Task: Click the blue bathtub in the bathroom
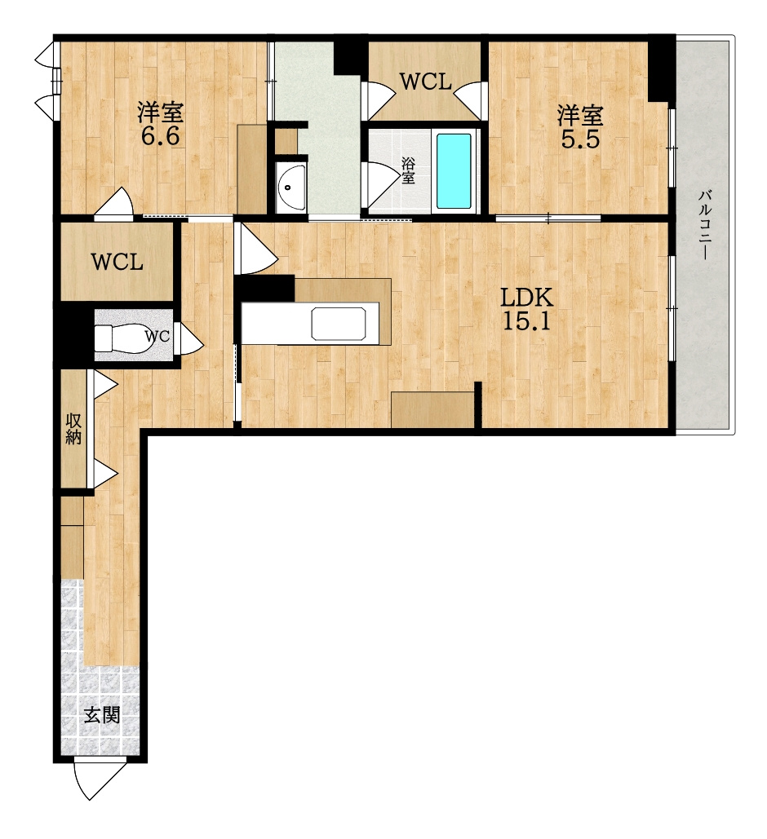click(x=454, y=171)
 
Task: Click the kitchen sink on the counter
click(x=339, y=323)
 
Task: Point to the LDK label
click(x=525, y=298)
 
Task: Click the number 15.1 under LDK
click(x=525, y=321)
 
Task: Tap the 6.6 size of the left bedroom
click(x=160, y=138)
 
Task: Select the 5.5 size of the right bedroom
click(x=579, y=139)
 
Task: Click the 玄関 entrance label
click(x=102, y=715)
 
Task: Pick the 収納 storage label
click(x=73, y=428)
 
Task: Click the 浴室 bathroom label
click(x=408, y=170)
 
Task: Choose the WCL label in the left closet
click(x=117, y=263)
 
